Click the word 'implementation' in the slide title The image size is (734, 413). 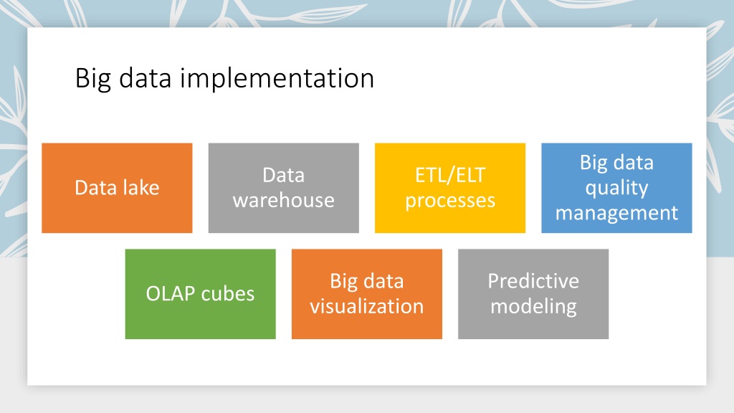pyautogui.click(x=277, y=79)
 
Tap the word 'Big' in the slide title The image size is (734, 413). pyautogui.click(x=92, y=79)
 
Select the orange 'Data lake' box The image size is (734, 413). pyautogui.click(x=117, y=188)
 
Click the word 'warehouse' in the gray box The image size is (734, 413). pyautogui.click(x=284, y=201)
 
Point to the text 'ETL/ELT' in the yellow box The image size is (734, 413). pyautogui.click(x=450, y=176)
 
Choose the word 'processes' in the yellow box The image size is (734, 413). pyautogui.click(x=450, y=201)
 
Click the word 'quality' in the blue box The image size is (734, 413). pyautogui.click(x=616, y=189)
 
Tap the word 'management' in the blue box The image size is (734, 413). pyautogui.click(x=616, y=214)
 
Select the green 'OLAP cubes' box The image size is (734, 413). pyautogui.click(x=201, y=294)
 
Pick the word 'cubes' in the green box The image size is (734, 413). pyautogui.click(x=227, y=294)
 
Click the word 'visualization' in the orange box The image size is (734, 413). pyautogui.click(x=367, y=306)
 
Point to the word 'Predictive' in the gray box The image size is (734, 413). pyautogui.click(x=533, y=281)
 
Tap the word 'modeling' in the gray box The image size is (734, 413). pyautogui.click(x=533, y=307)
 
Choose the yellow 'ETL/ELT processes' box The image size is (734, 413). pyautogui.click(x=450, y=188)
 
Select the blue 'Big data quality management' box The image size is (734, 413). pyautogui.click(x=616, y=188)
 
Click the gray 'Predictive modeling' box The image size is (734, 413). pyautogui.click(x=533, y=294)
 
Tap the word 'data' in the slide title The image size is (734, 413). pyautogui.click(x=145, y=79)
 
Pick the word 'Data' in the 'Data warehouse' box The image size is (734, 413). pyautogui.click(x=284, y=175)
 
